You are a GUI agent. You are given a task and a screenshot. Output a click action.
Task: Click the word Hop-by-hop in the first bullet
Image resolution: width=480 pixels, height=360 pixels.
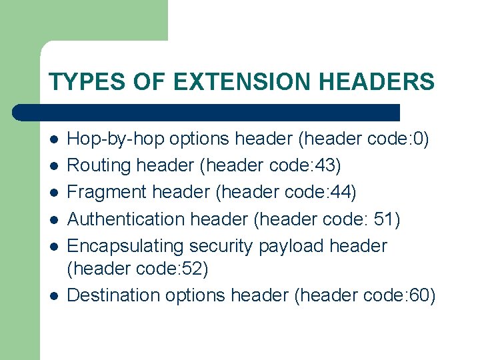point(117,139)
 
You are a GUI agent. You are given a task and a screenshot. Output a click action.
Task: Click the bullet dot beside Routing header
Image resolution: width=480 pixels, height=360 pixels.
point(53,166)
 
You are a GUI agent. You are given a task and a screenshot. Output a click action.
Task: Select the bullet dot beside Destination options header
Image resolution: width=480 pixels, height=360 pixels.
point(53,295)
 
